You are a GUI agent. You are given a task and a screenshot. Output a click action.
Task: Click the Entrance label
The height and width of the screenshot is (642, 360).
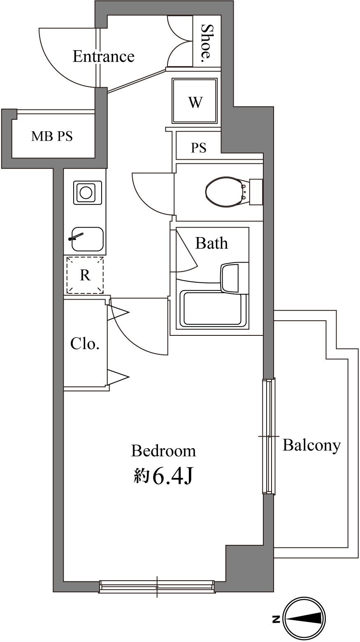pos(103,56)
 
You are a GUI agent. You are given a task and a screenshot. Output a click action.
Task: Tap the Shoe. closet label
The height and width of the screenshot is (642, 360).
pos(207,43)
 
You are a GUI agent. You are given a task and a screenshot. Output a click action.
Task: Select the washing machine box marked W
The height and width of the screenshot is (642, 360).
pos(195,101)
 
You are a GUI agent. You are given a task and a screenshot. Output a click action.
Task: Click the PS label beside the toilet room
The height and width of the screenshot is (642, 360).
pos(198,148)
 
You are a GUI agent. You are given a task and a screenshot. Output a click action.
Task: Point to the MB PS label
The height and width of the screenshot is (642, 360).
pos(52,136)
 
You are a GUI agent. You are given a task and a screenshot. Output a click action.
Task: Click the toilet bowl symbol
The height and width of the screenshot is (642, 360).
pos(224,192)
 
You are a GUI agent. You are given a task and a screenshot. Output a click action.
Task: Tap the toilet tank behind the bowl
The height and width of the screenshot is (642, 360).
pos(256,192)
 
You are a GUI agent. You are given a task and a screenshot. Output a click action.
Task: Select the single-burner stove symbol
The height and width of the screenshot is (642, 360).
pos(86,193)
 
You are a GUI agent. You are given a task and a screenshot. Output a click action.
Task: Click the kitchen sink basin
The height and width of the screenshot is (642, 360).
pos(87,239)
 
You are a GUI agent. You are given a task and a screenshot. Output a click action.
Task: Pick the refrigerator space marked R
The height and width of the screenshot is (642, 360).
pos(85,275)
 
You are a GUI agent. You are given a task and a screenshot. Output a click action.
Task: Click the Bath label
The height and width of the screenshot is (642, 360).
pos(211,243)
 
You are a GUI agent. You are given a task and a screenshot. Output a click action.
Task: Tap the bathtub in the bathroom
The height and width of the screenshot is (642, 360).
pos(213,309)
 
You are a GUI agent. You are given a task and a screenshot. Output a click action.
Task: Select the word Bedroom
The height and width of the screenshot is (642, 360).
pos(163,451)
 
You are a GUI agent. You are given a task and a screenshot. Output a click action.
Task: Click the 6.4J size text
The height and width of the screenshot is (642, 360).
pos(172,477)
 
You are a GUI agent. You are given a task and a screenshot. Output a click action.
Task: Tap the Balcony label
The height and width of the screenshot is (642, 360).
pos(311,445)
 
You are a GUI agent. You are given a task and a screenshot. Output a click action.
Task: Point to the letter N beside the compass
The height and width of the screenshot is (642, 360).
pos(275,619)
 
